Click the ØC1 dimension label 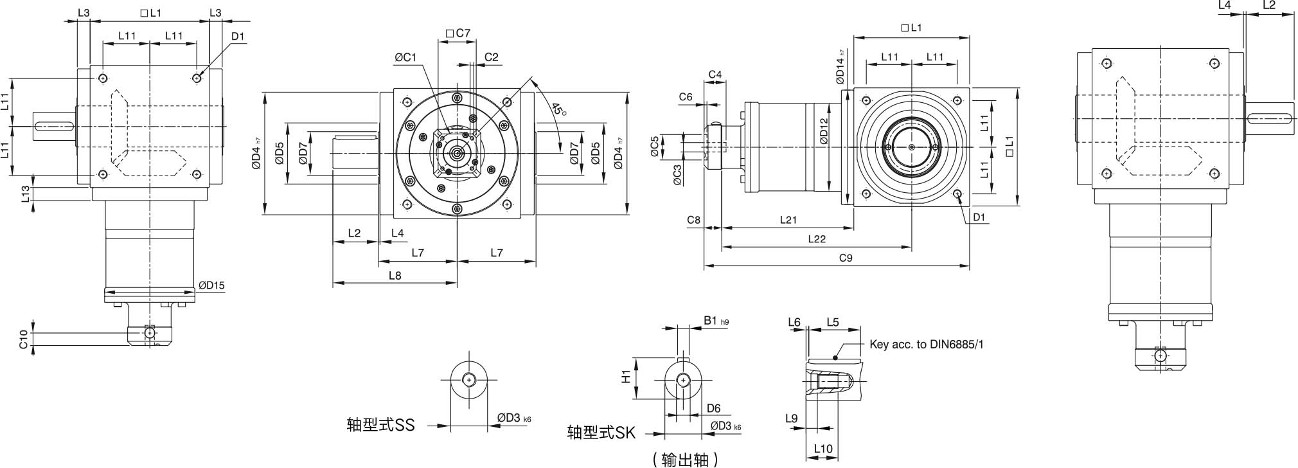click(x=405, y=57)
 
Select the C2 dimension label click(x=491, y=57)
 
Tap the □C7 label click(x=458, y=33)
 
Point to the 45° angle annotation click(x=558, y=110)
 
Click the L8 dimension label click(x=395, y=275)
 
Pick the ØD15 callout click(x=211, y=285)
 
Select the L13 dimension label click(x=25, y=194)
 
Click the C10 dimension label click(x=24, y=339)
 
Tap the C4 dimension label click(x=715, y=75)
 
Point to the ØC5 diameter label click(x=654, y=146)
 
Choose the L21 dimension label click(x=788, y=220)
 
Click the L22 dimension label click(x=816, y=239)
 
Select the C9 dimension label click(x=846, y=258)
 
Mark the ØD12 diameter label click(x=824, y=129)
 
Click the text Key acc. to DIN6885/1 click(x=926, y=345)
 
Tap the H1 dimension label click(x=626, y=377)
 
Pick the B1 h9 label click(x=716, y=320)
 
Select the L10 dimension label click(x=822, y=449)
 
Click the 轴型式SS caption click(x=380, y=425)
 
